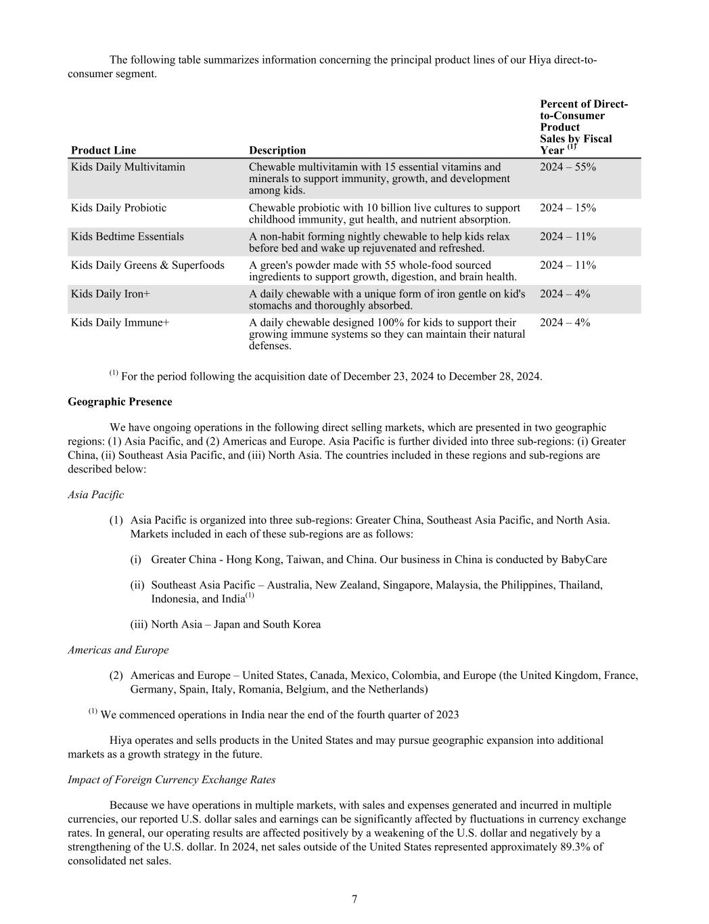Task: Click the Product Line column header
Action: point(103,150)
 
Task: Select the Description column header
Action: point(277,150)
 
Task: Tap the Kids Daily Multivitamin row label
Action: point(128,167)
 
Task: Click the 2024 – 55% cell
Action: point(568,167)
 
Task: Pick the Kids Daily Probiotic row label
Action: point(118,208)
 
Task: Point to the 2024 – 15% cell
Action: point(568,208)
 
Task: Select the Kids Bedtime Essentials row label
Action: point(127,236)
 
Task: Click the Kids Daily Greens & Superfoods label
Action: point(147,265)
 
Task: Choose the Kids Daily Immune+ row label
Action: point(120,323)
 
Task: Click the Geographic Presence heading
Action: point(120,402)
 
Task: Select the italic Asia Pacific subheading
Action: point(95,495)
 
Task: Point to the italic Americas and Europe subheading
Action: point(118,650)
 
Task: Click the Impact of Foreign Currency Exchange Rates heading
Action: point(171,780)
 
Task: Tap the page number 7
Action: point(354,899)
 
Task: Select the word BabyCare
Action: point(584,560)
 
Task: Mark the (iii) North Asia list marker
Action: point(139,625)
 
